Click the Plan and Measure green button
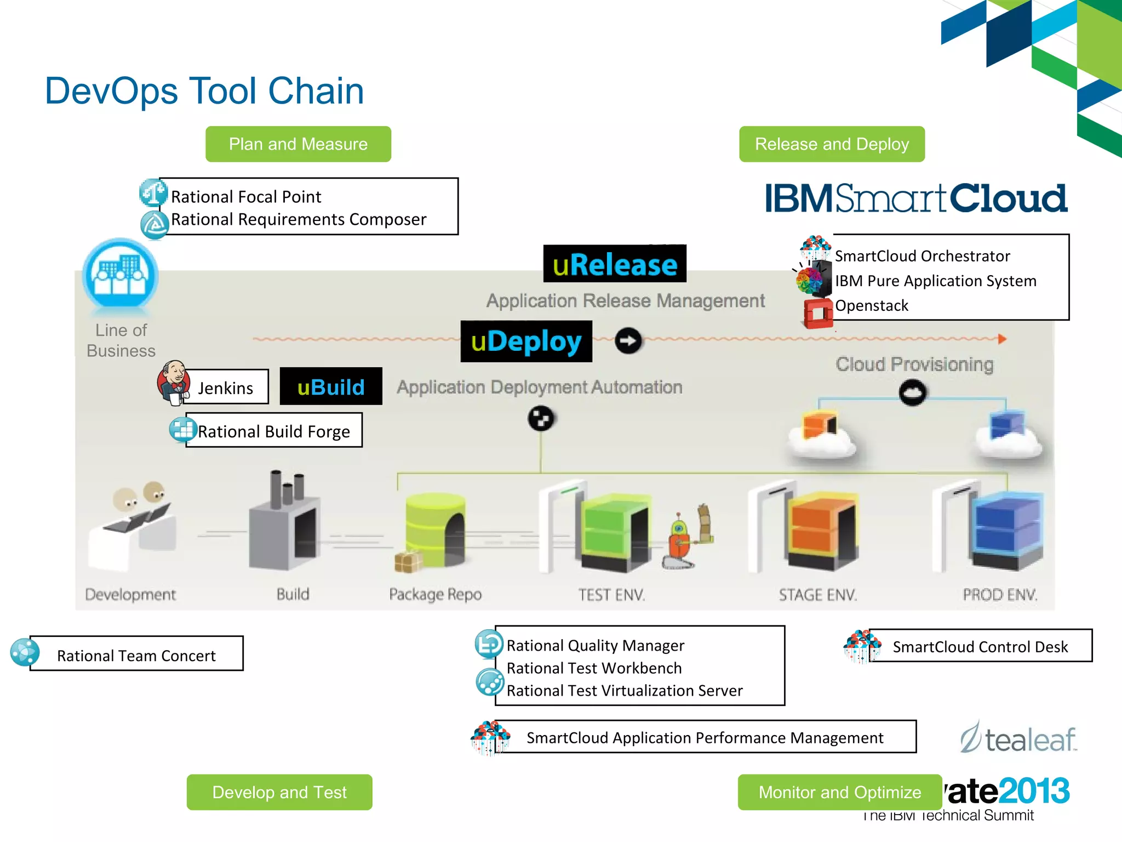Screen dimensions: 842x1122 click(298, 144)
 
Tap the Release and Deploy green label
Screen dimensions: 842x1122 click(832, 144)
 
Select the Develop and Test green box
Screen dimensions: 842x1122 click(279, 792)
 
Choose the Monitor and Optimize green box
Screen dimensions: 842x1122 click(839, 792)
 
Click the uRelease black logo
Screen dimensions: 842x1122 click(615, 264)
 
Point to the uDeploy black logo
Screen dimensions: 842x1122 click(526, 342)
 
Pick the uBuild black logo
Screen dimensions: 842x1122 click(331, 386)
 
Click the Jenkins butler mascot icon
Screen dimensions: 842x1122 click(174, 382)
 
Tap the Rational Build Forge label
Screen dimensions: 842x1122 click(274, 431)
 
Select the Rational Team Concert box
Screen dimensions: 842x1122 click(136, 654)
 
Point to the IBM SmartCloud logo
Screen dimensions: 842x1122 click(916, 198)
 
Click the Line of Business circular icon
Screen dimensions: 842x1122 click(121, 275)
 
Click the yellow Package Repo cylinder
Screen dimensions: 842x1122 click(435, 529)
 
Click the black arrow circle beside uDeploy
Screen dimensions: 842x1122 click(628, 341)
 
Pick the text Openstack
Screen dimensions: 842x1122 click(871, 306)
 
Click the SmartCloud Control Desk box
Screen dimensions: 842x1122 click(980, 646)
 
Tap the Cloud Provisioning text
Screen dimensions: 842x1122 click(914, 365)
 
